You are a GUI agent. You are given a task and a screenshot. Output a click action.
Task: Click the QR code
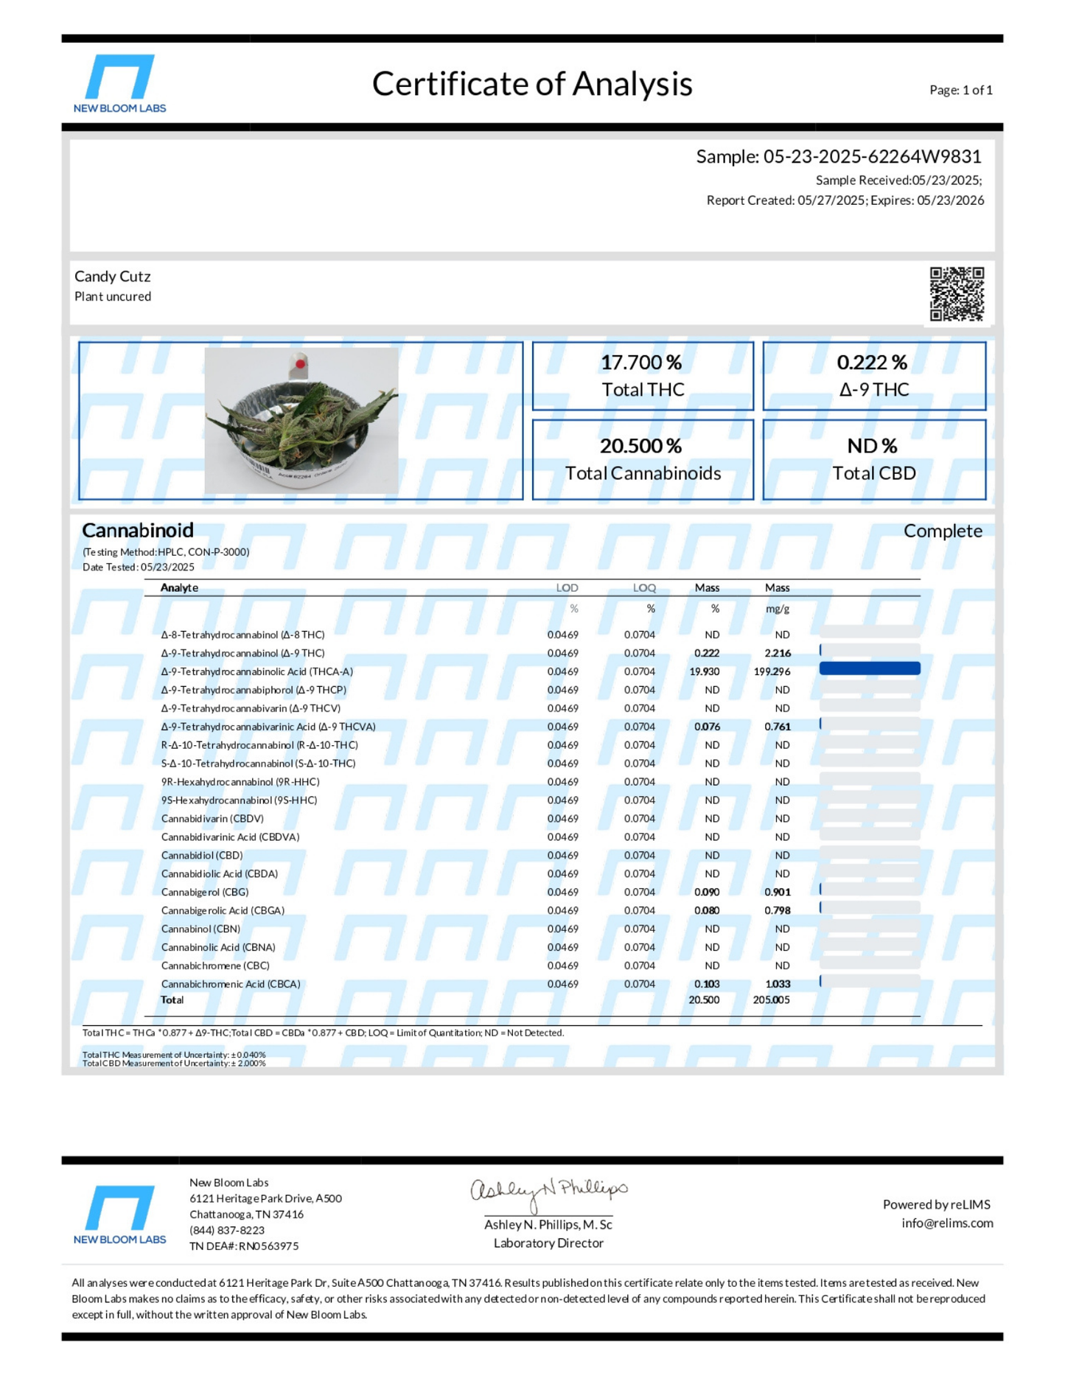pos(956,293)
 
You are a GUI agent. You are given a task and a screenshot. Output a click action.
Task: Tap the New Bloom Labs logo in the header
pos(119,83)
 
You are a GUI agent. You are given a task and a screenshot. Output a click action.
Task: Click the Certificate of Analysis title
pos(531,84)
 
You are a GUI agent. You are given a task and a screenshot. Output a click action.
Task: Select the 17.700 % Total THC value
pos(641,363)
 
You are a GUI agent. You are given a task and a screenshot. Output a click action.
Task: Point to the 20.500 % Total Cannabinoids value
pos(640,446)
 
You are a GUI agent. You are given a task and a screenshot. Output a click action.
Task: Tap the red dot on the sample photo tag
pos(301,364)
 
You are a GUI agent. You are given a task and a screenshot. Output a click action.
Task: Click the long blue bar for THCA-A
pos(870,668)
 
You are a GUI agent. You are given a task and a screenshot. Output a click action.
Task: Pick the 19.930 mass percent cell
pos(705,671)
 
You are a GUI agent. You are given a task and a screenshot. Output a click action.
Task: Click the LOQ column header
pos(643,587)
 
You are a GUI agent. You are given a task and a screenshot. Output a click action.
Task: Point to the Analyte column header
pos(179,587)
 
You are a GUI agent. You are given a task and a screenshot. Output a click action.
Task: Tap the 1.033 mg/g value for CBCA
pos(778,984)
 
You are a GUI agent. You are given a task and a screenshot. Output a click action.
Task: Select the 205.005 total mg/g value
pos(772,1000)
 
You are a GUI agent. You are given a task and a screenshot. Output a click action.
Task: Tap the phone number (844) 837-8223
pos(227,1230)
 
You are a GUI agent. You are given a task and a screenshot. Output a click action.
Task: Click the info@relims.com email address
pos(947,1223)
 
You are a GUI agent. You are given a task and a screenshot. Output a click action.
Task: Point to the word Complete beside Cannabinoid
pos(943,531)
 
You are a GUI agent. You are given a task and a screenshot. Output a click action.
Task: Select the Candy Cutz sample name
pos(113,276)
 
